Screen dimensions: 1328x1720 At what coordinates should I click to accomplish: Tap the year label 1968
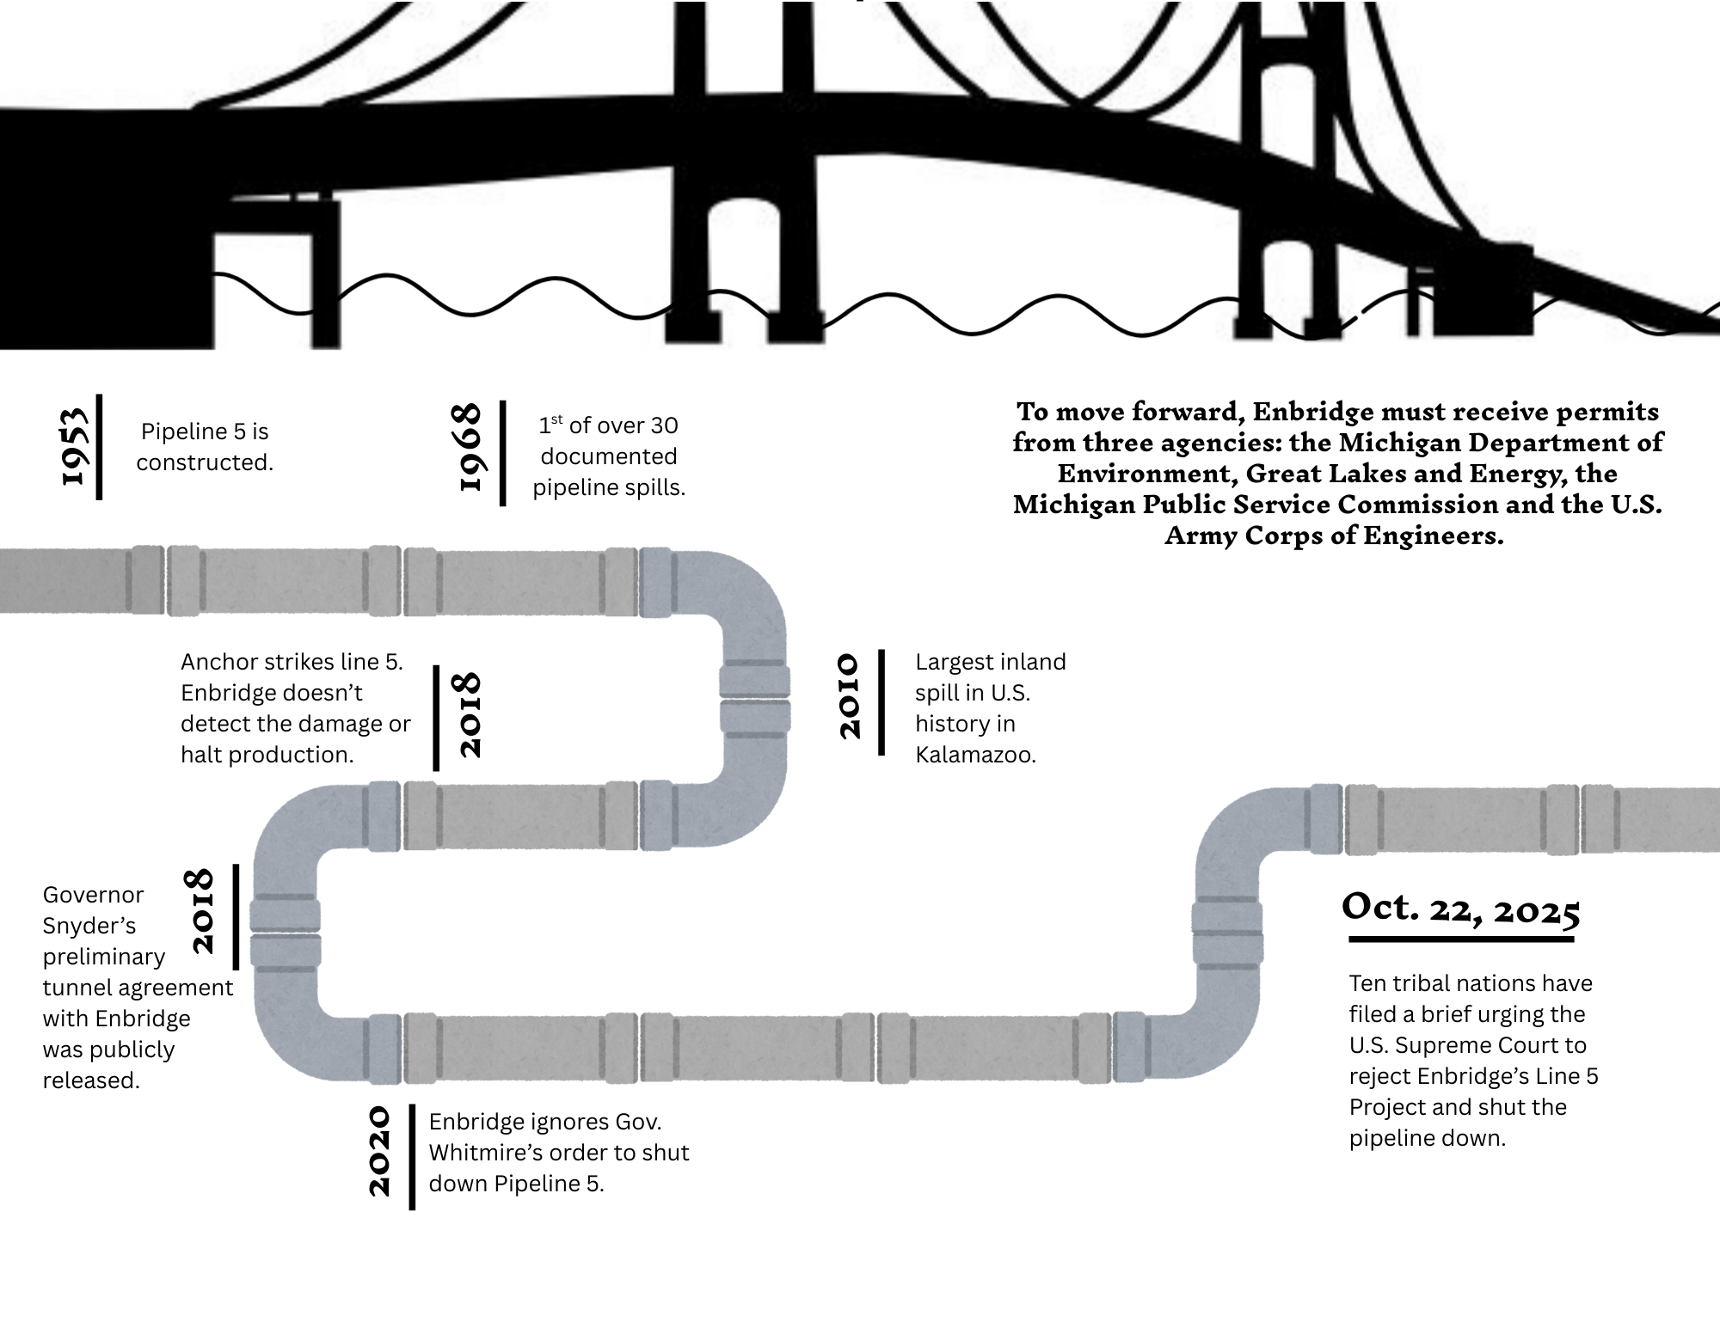[472, 447]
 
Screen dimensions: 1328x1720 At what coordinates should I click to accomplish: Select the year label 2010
[850, 696]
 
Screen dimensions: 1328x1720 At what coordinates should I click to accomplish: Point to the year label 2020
[380, 1152]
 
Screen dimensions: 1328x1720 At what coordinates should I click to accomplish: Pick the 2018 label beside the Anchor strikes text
[470, 715]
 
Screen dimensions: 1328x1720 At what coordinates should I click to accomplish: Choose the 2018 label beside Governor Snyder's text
[201, 911]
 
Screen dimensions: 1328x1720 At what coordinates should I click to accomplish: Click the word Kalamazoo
[975, 756]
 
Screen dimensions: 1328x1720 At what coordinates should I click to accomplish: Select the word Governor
[93, 896]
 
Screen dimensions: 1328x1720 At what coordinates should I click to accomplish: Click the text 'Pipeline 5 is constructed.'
[205, 447]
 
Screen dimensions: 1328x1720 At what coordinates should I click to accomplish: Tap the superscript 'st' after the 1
[556, 419]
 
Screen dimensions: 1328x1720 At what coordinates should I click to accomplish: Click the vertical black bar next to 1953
[100, 446]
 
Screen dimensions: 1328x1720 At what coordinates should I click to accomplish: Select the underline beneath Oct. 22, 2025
[1460, 939]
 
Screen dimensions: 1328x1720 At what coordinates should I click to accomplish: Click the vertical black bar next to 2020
[413, 1157]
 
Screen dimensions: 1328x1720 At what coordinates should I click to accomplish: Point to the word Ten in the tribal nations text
[1367, 983]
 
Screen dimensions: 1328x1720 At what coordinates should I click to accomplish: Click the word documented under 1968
[609, 456]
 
